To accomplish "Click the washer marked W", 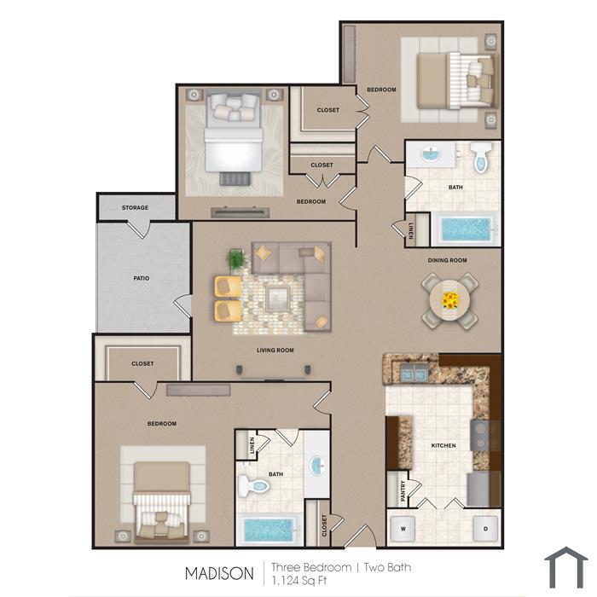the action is pyautogui.click(x=403, y=529).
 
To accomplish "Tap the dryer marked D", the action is pyautogui.click(x=485, y=529).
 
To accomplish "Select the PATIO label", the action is pyautogui.click(x=142, y=278).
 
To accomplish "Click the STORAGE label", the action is pyautogui.click(x=135, y=207).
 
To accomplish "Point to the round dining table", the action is pyautogui.click(x=450, y=300).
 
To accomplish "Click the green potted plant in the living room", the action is pyautogui.click(x=236, y=260).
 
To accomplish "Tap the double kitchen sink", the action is pyautogui.click(x=414, y=373).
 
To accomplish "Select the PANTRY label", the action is pyautogui.click(x=403, y=490).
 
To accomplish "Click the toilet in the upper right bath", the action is pyautogui.click(x=481, y=156).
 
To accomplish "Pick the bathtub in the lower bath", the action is pyautogui.click(x=269, y=530).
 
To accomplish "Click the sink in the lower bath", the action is pyautogui.click(x=316, y=465).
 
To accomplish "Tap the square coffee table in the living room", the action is pyautogui.click(x=277, y=298).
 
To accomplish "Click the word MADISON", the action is pyautogui.click(x=219, y=573).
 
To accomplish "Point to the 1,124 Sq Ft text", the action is pyautogui.click(x=298, y=580).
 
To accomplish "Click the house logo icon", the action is pyautogui.click(x=565, y=567).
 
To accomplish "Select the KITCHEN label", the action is pyautogui.click(x=443, y=445).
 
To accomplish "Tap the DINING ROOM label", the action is pyautogui.click(x=448, y=260).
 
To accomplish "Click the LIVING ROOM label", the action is pyautogui.click(x=275, y=351).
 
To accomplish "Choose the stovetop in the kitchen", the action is pyautogui.click(x=480, y=435).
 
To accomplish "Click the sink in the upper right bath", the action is pyautogui.click(x=431, y=155).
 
